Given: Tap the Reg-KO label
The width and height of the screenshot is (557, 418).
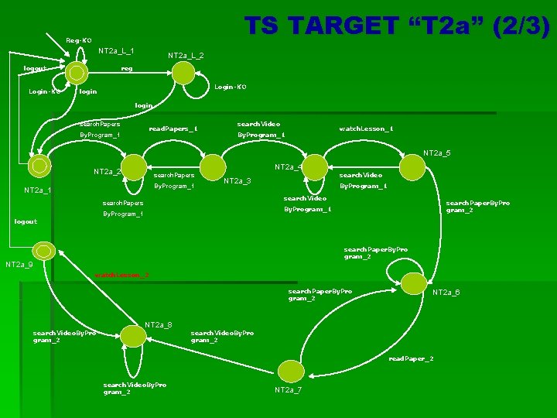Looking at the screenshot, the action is pos(78,39).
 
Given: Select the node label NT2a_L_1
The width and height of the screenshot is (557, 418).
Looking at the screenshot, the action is pos(116,51).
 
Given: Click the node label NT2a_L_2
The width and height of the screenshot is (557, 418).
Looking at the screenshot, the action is pos(186,56).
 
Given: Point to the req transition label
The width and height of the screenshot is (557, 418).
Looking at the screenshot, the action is pos(127,68).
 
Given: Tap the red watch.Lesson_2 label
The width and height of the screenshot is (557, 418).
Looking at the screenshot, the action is pos(121,275).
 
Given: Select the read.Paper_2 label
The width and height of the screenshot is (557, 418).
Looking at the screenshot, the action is pos(411,359).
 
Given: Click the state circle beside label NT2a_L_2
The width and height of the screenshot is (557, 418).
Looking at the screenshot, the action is pos(183,73).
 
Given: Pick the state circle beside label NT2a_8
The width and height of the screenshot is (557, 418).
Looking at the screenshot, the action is pos(133,335).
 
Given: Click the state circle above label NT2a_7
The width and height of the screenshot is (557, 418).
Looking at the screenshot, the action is pos(289,371).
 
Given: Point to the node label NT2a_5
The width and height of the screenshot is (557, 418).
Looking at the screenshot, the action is pos(436,152).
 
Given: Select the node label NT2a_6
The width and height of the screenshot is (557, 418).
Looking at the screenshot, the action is pos(446,292).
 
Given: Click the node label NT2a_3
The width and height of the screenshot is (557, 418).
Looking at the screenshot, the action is pos(237,181).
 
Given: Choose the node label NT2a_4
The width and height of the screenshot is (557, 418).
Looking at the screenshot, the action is pos(288,166).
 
